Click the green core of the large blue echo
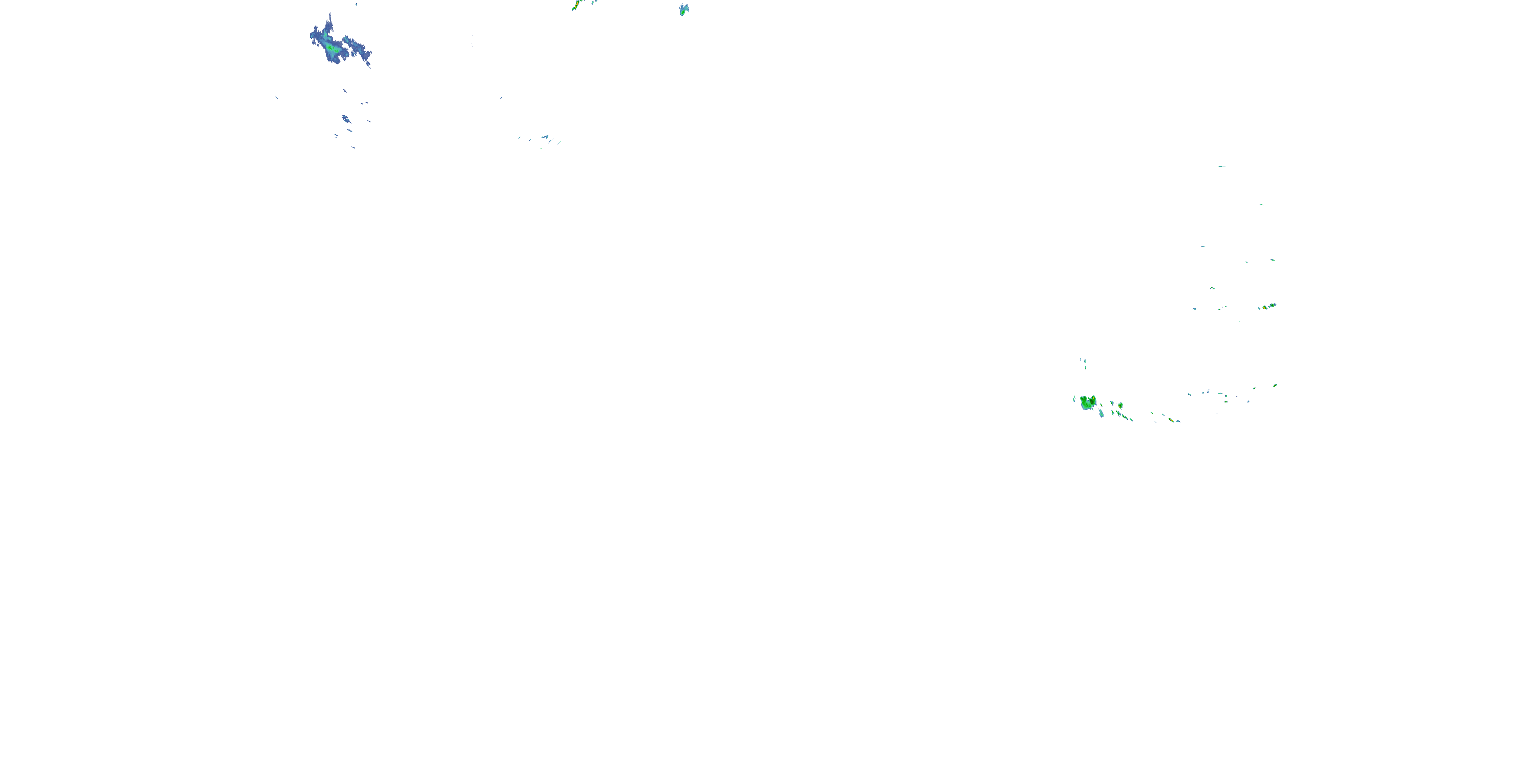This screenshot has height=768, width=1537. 330,47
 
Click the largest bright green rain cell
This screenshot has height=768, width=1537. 1088,402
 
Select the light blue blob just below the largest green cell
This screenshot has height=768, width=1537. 1101,413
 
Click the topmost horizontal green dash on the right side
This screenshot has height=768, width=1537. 1221,166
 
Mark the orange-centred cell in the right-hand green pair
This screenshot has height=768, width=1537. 1272,305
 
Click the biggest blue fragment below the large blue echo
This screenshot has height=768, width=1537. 346,119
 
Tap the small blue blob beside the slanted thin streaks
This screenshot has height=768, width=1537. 545,137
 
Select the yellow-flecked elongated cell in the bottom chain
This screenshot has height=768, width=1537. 1173,420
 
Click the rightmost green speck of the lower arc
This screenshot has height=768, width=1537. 1275,385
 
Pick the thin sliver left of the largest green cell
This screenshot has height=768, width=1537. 1074,398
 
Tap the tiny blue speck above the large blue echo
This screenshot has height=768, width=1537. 356,4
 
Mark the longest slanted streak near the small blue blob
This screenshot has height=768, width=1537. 559,141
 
